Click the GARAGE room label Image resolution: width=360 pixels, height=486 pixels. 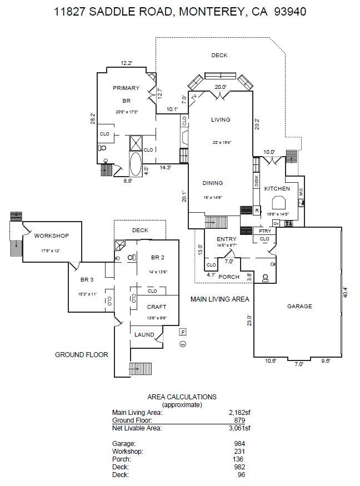[x=299, y=306]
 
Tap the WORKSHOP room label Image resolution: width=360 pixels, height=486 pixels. [x=51, y=236]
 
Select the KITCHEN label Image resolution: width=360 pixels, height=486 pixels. [x=277, y=189]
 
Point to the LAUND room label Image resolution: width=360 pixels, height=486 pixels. [x=144, y=334]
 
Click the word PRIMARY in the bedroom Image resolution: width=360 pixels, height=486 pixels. [x=126, y=88]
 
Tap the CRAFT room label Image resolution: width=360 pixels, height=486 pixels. [x=157, y=307]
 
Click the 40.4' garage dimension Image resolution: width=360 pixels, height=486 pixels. [x=345, y=292]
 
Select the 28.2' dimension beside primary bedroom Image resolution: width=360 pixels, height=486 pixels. [x=93, y=119]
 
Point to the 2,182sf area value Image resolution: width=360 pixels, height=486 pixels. [x=239, y=413]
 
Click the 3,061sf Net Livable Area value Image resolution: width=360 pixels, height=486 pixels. [x=239, y=428]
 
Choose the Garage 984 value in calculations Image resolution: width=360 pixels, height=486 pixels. [x=239, y=444]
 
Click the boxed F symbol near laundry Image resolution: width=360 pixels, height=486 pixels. [x=183, y=332]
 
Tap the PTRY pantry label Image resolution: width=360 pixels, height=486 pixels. [x=265, y=231]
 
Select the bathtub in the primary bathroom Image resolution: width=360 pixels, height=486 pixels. [x=136, y=164]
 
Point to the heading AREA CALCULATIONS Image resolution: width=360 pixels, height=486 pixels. [x=182, y=397]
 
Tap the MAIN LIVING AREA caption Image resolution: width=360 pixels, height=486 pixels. [x=219, y=299]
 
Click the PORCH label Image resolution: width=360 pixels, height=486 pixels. [x=229, y=277]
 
